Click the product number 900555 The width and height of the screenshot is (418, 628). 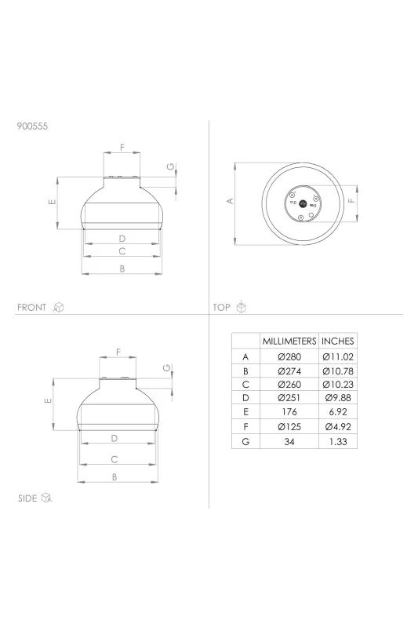click(x=32, y=126)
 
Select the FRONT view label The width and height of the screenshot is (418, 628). click(x=31, y=308)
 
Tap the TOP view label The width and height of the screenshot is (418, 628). click(x=222, y=308)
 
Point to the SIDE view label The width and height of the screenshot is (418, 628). click(x=27, y=498)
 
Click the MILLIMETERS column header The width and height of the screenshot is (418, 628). click(x=289, y=341)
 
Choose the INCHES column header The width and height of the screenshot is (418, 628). click(x=338, y=341)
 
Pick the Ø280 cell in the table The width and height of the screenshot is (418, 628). click(x=289, y=357)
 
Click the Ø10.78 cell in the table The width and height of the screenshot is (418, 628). click(x=338, y=371)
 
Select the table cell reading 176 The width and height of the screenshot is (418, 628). click(x=289, y=411)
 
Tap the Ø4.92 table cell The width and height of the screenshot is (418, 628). click(x=338, y=427)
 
